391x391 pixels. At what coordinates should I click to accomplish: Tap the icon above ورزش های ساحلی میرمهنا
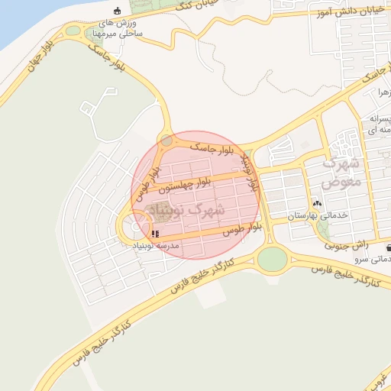click(x=117, y=11)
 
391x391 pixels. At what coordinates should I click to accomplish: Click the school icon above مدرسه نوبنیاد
click(x=155, y=234)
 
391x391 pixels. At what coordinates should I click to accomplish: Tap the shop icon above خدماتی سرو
click(x=389, y=247)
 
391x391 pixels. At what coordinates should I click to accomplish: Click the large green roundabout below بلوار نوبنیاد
click(x=273, y=260)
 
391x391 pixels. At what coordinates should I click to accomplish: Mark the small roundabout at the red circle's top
click(x=166, y=140)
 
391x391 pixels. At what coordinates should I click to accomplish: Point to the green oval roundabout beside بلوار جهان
click(x=73, y=31)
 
